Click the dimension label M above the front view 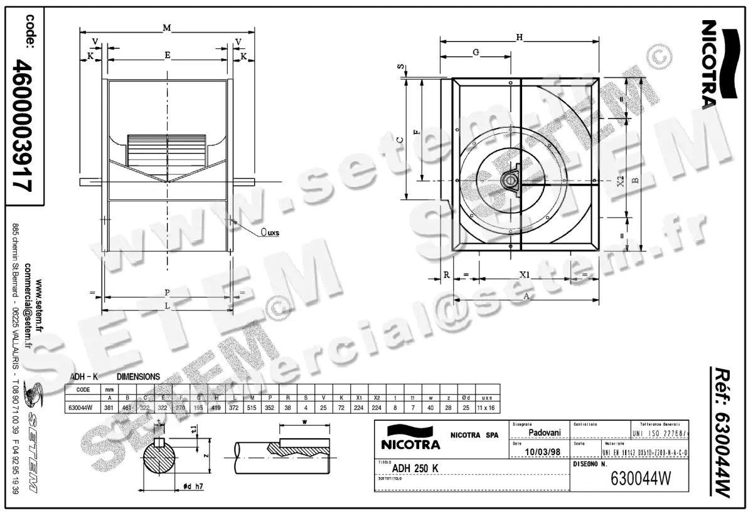point(166,27)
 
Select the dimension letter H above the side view point(519,37)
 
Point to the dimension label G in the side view point(476,53)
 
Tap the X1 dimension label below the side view point(525,275)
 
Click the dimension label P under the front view point(166,292)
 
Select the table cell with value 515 point(252,408)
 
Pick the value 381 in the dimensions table point(110,408)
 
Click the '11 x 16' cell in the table point(486,408)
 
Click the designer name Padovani point(545,432)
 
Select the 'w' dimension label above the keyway point(304,423)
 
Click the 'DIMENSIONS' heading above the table point(139,377)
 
